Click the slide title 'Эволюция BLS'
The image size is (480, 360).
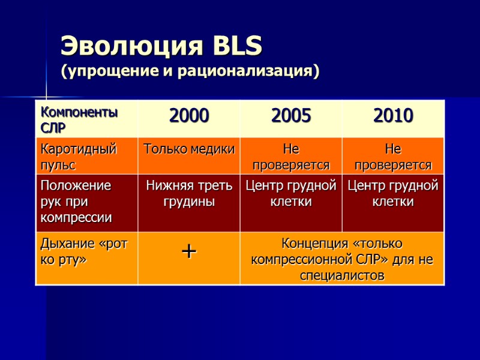pyautogui.click(x=161, y=46)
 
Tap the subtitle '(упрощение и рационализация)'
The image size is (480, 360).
pyautogui.click(x=190, y=71)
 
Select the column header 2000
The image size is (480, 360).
pyautogui.click(x=189, y=116)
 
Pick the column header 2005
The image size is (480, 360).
pyautogui.click(x=291, y=116)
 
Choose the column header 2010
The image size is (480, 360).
pyautogui.click(x=393, y=116)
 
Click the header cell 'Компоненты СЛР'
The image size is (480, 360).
pyautogui.click(x=78, y=119)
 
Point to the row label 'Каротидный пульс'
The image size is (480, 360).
pyautogui.click(x=78, y=156)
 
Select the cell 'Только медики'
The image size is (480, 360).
pyautogui.click(x=189, y=149)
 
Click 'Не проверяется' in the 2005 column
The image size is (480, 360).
pyautogui.click(x=291, y=156)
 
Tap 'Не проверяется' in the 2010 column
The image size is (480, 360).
pyautogui.click(x=393, y=156)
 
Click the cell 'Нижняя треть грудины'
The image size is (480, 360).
pyautogui.click(x=189, y=194)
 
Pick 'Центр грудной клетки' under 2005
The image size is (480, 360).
pyautogui.click(x=291, y=194)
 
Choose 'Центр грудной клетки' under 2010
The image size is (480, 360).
pyautogui.click(x=393, y=194)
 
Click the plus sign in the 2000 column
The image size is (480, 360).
pyautogui.click(x=189, y=252)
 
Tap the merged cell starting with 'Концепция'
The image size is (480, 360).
pyautogui.click(x=342, y=259)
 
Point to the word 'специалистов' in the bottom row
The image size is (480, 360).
pyautogui.click(x=342, y=275)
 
